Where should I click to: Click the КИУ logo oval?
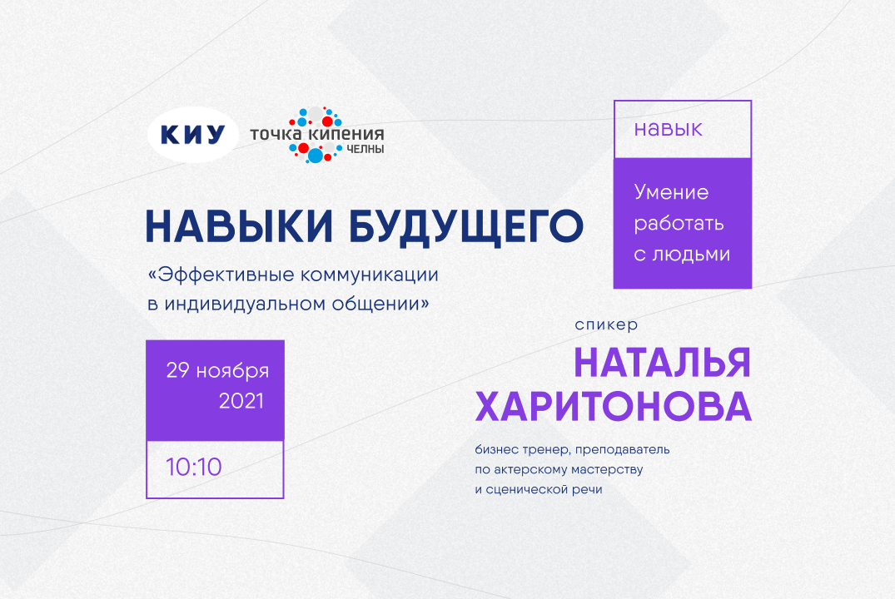pos(192,134)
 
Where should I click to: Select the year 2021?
pos(241,401)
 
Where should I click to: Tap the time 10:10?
pos(194,467)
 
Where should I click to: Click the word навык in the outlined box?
pos(668,129)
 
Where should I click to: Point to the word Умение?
pos(671,193)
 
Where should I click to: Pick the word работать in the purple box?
pos(679,224)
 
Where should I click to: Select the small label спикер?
pos(606,325)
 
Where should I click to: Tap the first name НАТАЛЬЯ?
pos(662,363)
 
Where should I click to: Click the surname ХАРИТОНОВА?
pos(613,408)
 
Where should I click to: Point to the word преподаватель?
pos(621,450)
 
